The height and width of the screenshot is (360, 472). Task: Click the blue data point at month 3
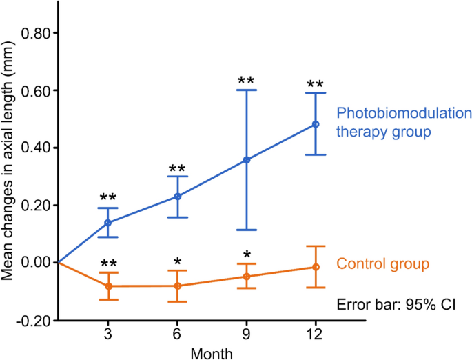[108, 223]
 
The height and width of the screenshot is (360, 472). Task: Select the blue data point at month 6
[178, 197]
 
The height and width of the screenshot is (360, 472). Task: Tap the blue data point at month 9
[247, 160]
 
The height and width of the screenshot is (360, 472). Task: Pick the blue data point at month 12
[316, 124]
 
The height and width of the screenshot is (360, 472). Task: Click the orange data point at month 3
[108, 286]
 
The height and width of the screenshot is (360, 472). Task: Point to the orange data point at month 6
[178, 286]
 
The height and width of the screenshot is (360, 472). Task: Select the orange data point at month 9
[247, 277]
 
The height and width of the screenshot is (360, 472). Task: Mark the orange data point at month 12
[316, 267]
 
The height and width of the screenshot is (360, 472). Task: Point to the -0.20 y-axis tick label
[34, 320]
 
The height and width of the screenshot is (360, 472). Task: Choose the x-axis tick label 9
[247, 334]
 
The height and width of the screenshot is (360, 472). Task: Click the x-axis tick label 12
[316, 334]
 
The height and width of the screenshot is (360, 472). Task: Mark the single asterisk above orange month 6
[178, 263]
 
